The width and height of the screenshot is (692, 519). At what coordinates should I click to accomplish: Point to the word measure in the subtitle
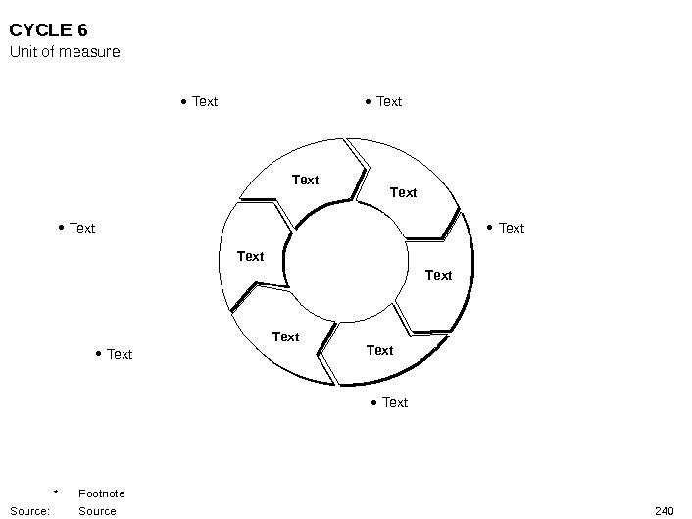point(90,51)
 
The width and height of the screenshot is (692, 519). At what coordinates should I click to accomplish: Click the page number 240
point(664,510)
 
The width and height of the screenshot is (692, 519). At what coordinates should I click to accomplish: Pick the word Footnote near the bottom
point(101,493)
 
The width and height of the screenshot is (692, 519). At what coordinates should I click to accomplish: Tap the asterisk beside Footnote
point(57,493)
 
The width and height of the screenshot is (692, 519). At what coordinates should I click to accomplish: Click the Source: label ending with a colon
point(29,510)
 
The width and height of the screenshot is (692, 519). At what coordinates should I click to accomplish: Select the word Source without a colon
point(97,510)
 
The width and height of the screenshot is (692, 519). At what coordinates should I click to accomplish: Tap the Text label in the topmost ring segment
point(306,180)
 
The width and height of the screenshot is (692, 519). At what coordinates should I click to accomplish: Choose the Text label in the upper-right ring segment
point(403,192)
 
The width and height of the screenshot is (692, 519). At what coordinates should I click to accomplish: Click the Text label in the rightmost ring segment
point(438,275)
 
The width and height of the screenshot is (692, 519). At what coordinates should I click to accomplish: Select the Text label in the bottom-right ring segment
point(379,350)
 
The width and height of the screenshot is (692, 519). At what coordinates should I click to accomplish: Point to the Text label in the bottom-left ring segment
point(285,337)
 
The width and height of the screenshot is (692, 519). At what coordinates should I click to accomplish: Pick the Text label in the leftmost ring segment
point(251,256)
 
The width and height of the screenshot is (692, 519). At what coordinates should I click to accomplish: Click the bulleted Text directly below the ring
point(394,402)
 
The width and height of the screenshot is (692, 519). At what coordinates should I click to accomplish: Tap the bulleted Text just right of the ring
point(512,228)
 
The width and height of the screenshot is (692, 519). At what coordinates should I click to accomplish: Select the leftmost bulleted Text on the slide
point(82,228)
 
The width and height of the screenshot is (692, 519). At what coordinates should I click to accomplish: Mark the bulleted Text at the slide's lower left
point(119,354)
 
